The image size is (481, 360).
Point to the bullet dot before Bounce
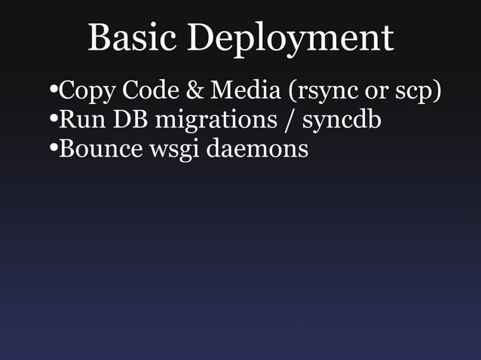(x=52, y=148)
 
